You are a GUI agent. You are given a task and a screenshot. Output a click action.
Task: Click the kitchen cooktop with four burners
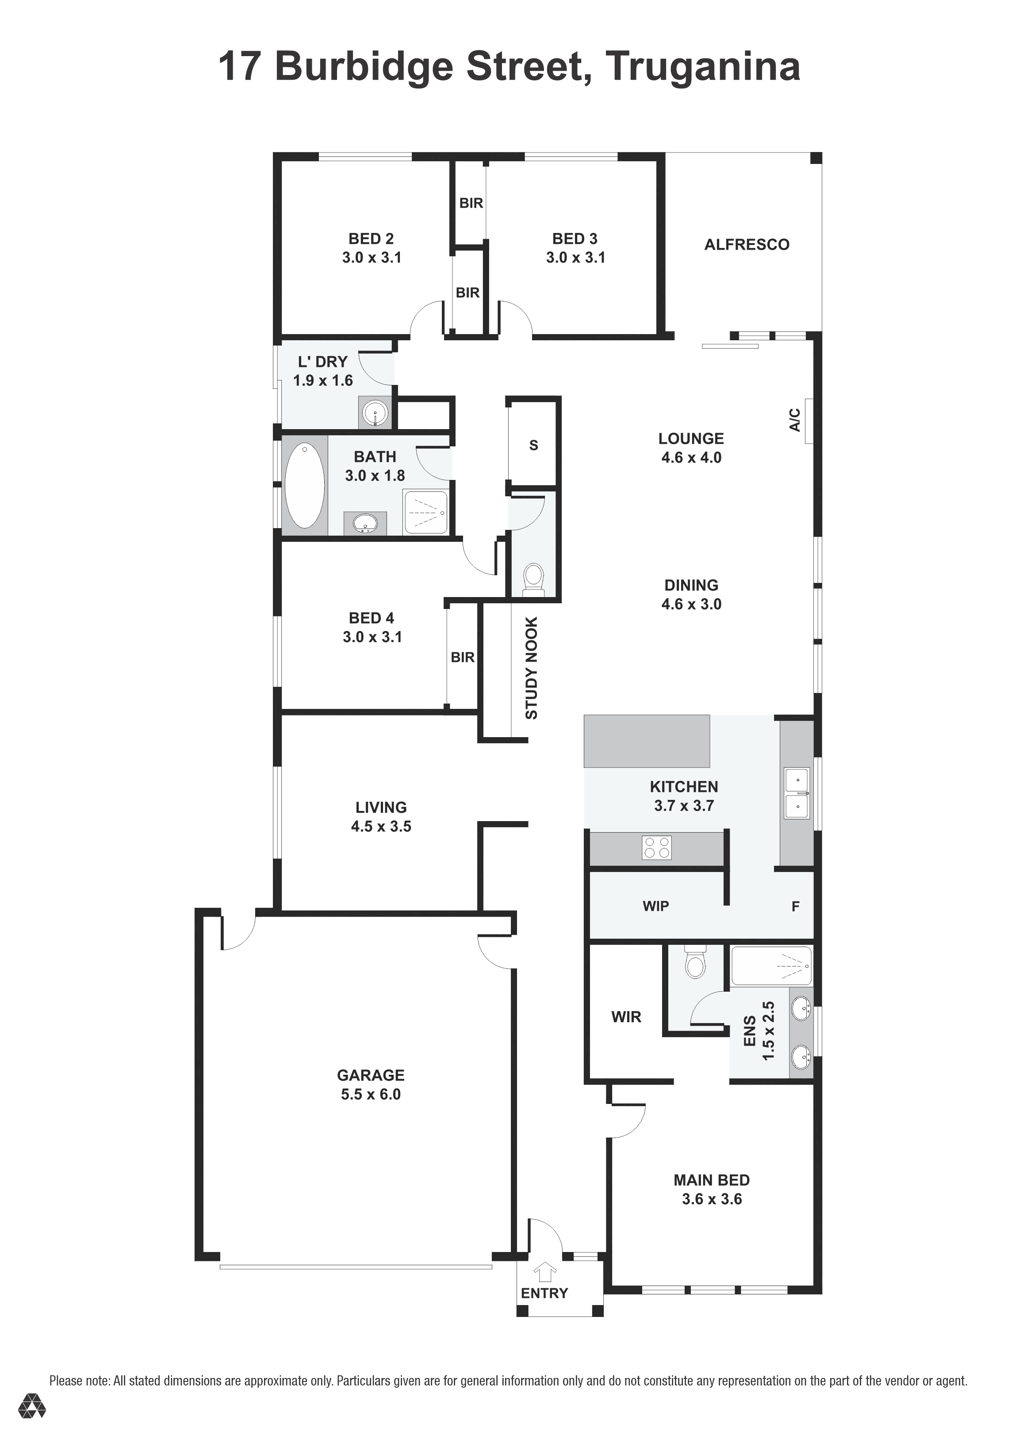[x=657, y=847]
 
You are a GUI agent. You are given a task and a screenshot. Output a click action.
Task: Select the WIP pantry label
[x=655, y=906]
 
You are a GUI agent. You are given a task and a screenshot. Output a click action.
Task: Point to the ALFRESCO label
[x=747, y=244]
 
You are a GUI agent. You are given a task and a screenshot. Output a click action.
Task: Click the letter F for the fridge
[x=795, y=906]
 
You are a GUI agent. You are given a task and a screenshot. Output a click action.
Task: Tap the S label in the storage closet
[x=534, y=445]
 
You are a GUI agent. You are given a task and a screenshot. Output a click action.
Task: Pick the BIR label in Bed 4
[x=463, y=657]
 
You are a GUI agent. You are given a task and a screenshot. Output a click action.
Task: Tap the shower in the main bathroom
[x=426, y=511]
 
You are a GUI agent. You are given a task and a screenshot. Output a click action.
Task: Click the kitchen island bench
[x=647, y=741]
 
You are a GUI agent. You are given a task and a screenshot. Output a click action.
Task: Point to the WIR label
[x=626, y=1016]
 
